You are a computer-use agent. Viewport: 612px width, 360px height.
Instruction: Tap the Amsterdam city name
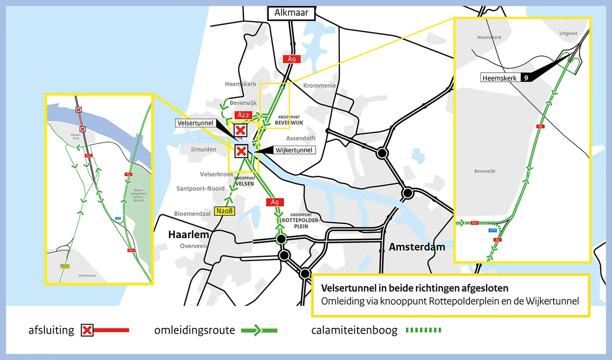tap(417, 247)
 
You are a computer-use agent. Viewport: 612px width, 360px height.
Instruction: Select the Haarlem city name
tap(189, 235)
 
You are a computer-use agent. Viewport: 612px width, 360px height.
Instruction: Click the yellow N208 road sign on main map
tap(224, 211)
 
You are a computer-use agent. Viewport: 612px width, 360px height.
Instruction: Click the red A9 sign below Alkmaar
tap(292, 59)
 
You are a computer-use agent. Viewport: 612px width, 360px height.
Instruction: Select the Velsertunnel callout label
tap(196, 123)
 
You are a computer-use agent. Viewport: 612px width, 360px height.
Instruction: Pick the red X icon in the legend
tap(87, 330)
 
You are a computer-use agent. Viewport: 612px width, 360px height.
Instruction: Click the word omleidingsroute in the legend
tap(194, 330)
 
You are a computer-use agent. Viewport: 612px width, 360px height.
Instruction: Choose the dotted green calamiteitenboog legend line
tap(423, 330)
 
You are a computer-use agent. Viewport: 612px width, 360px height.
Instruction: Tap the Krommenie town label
tap(320, 86)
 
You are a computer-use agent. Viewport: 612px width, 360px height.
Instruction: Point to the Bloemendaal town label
tap(192, 214)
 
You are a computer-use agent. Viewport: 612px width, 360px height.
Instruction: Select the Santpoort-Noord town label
tap(200, 189)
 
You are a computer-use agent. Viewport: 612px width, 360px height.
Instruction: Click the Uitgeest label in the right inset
tap(568, 33)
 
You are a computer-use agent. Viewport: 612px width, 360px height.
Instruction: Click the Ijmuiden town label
tap(203, 150)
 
